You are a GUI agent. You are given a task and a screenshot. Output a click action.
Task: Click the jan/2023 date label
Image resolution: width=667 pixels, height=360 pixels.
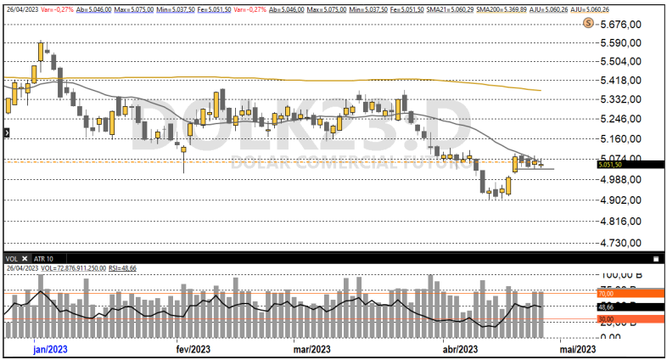(50, 348)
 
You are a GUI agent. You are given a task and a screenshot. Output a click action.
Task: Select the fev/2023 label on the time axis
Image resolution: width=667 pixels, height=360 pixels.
(193, 348)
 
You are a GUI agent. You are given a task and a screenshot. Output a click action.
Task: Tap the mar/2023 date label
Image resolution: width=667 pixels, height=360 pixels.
(311, 348)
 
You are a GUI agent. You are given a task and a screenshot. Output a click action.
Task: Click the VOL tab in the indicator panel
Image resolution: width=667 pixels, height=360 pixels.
(12, 258)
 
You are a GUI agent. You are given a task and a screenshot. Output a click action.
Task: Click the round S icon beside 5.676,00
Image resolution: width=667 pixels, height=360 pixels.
(587, 24)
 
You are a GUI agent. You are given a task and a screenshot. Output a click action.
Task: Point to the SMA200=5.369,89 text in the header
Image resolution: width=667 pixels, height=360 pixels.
(501, 8)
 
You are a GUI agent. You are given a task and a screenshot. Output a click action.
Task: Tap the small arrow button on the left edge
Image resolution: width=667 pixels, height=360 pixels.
(6, 132)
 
